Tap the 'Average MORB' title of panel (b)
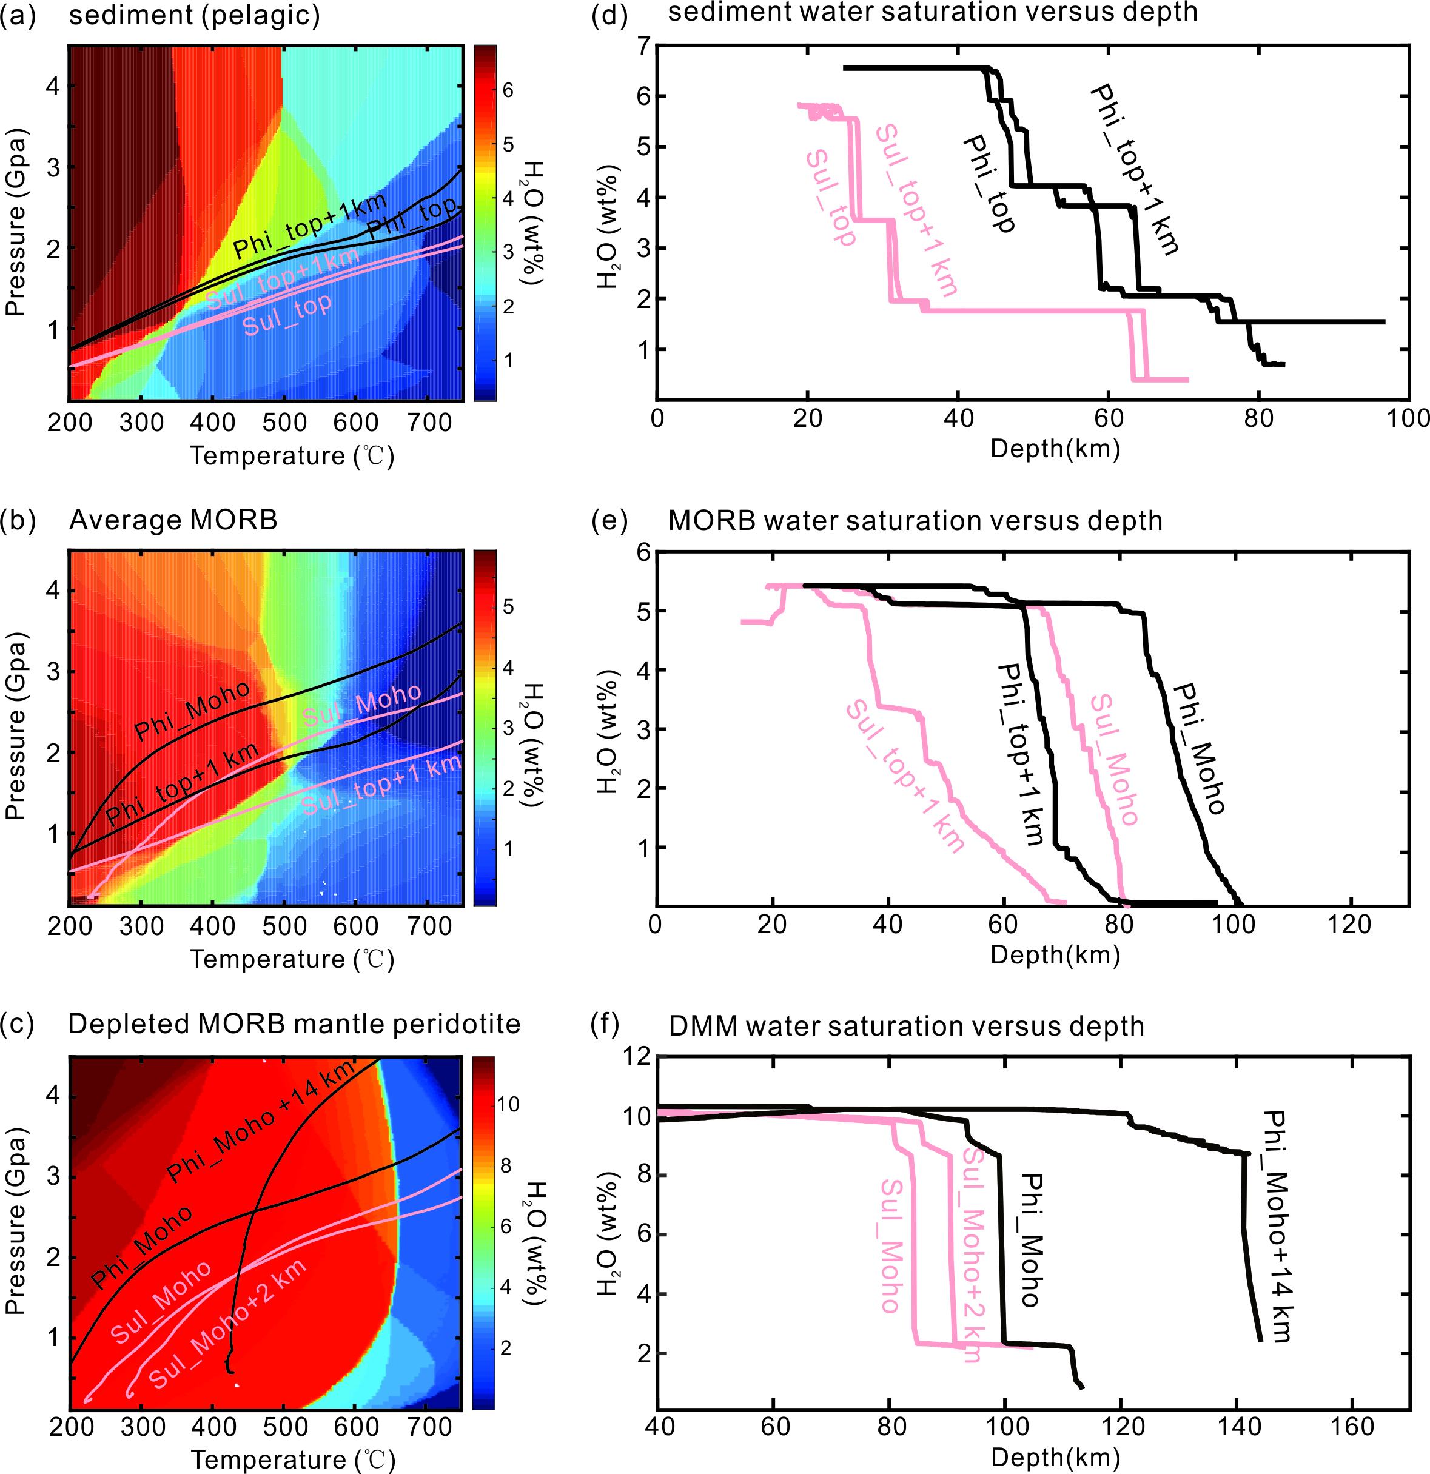(x=173, y=520)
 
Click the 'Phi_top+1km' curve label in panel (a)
(x=309, y=224)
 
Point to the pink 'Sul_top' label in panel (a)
(x=287, y=314)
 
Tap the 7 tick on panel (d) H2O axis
(x=643, y=46)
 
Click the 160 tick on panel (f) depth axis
(x=1352, y=1427)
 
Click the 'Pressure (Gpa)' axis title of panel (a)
(x=16, y=223)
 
